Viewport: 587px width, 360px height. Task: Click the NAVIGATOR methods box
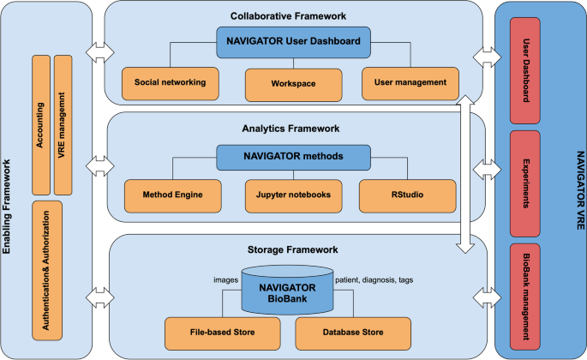tap(293, 157)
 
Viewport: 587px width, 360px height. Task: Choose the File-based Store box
tap(220, 332)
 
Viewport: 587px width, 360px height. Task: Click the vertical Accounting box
tap(40, 125)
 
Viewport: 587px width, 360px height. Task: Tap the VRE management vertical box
tap(64, 125)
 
